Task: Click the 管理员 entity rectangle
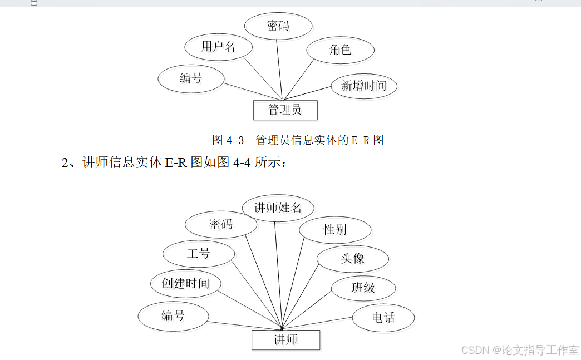(x=285, y=110)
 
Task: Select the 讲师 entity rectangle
(x=285, y=340)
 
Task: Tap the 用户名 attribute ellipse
(x=219, y=47)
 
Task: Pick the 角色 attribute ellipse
(x=340, y=50)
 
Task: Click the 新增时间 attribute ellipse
(x=363, y=86)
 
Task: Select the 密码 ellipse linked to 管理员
(x=278, y=26)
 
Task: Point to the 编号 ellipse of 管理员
(x=191, y=78)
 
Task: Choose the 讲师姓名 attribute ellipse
(x=278, y=208)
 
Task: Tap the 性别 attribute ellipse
(x=335, y=229)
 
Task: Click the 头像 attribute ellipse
(x=352, y=259)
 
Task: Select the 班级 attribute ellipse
(x=363, y=288)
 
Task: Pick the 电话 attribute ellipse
(x=383, y=318)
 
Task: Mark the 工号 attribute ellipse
(x=198, y=254)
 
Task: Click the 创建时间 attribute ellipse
(x=186, y=283)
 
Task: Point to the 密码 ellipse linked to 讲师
(x=221, y=225)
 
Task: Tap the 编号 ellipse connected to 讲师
(x=173, y=316)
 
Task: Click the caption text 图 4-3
(x=228, y=140)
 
